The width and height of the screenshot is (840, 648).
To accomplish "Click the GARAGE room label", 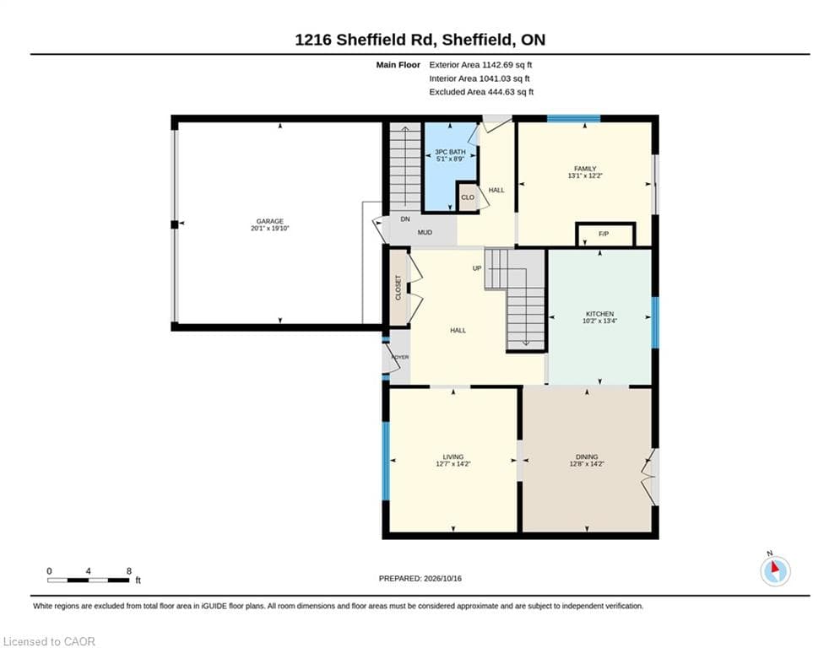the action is (x=269, y=221).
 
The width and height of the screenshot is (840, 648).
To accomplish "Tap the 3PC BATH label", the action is (x=450, y=152).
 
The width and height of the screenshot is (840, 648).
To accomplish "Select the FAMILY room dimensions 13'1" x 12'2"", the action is (x=585, y=175).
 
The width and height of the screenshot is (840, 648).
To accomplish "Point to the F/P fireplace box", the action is (x=605, y=235).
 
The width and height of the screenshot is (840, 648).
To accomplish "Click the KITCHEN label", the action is (x=599, y=314).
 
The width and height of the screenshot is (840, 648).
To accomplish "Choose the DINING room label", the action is (x=587, y=456).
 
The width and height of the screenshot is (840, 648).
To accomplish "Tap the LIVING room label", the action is (x=453, y=456).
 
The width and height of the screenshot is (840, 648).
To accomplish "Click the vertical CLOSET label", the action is (x=398, y=288).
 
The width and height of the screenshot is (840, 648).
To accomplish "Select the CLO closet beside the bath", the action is (x=468, y=197).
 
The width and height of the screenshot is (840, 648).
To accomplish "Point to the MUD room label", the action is (x=425, y=232).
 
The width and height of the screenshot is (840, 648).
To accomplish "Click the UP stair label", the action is (x=477, y=268).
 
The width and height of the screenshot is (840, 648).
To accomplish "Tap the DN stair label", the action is (x=405, y=219).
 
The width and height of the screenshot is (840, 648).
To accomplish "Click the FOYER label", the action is (x=400, y=357).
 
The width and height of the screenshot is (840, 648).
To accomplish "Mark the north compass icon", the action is (x=775, y=570).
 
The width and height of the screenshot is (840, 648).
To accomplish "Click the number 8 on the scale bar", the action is (x=129, y=571).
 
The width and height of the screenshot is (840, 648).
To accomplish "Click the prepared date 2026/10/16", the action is (x=442, y=578).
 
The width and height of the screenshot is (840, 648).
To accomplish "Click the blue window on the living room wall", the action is (x=385, y=461).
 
